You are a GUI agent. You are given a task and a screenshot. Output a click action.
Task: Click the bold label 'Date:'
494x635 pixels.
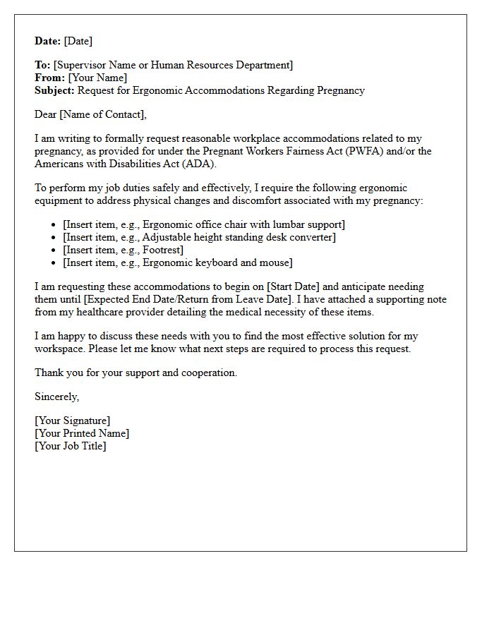tap(48, 41)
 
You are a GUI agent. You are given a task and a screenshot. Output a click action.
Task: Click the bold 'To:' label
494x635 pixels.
tap(42, 65)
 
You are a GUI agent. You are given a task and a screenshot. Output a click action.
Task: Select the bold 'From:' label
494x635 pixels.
tap(49, 78)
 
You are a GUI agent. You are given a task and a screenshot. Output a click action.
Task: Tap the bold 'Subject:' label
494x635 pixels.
tap(54, 90)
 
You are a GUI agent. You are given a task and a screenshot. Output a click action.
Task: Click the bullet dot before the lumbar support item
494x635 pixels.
tap(54, 225)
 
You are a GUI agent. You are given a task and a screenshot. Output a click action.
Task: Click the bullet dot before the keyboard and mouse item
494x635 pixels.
tap(54, 263)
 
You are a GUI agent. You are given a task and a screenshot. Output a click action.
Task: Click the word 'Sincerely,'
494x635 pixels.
tap(57, 397)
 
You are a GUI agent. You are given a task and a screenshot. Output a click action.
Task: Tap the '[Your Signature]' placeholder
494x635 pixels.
tap(73, 421)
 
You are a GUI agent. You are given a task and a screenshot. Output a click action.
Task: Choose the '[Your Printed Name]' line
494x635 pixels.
tap(82, 433)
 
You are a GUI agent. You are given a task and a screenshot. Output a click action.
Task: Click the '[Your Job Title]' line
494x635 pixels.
tap(71, 446)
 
